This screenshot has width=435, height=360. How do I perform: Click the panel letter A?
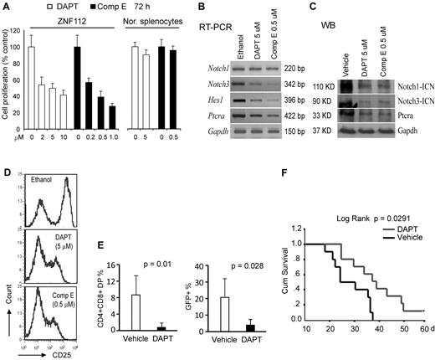click(x=8, y=7)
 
